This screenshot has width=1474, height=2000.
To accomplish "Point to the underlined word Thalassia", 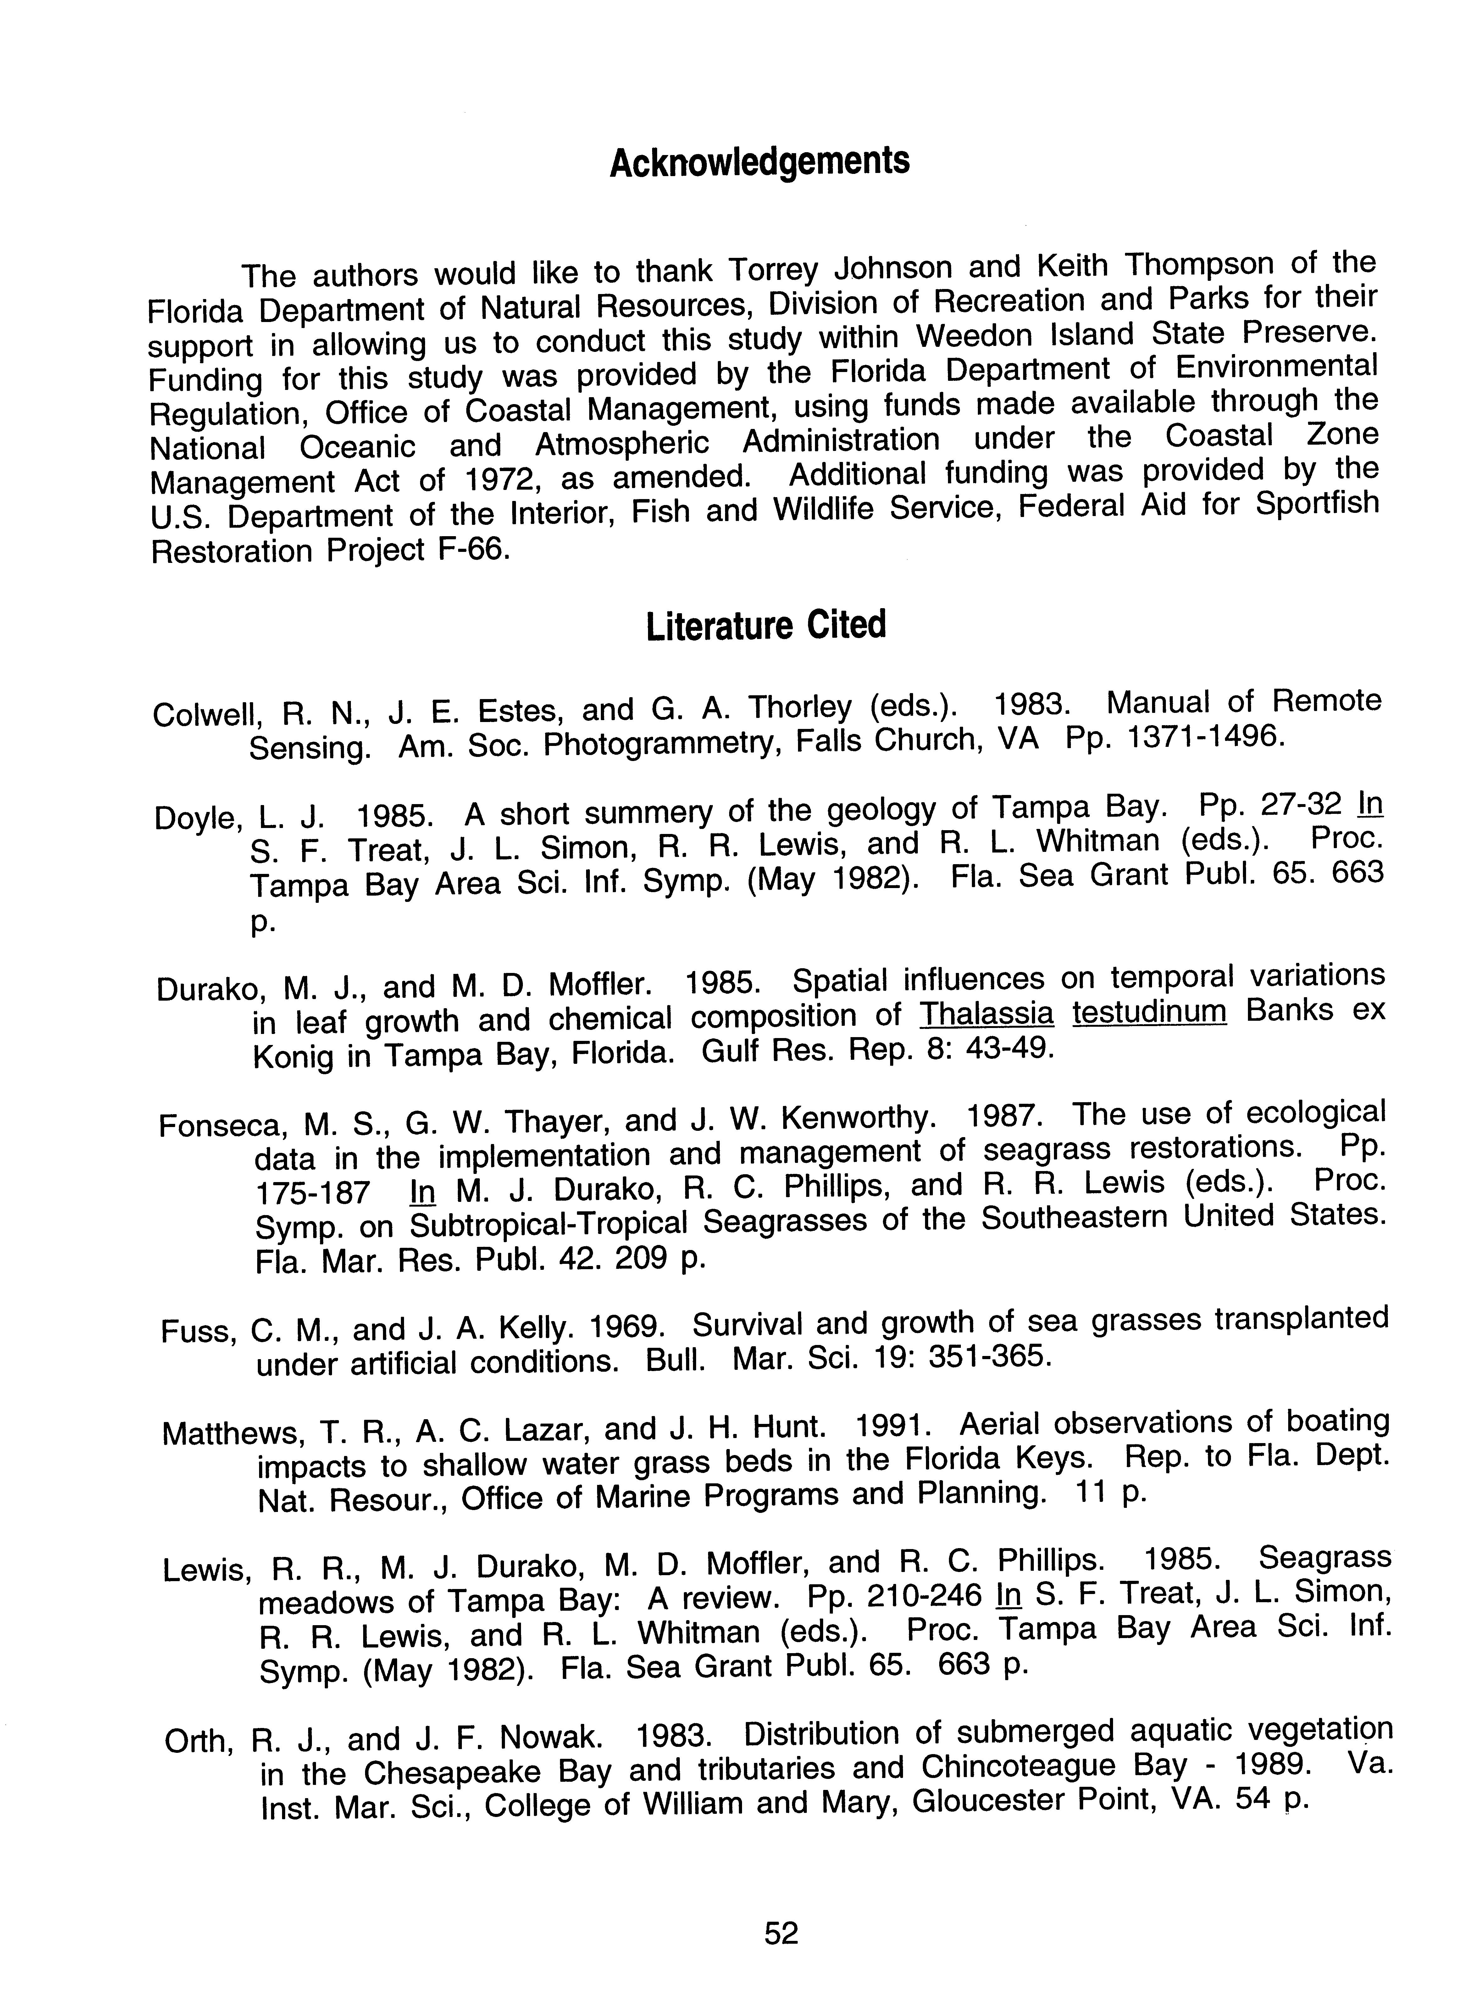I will (987, 1015).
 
